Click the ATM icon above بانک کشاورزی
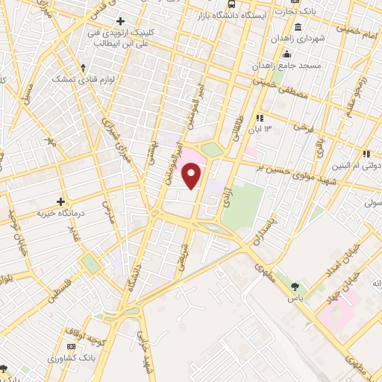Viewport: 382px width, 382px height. [x=71, y=347]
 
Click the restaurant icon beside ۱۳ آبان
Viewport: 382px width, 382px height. [x=258, y=118]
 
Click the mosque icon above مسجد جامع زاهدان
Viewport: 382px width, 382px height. [x=286, y=54]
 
